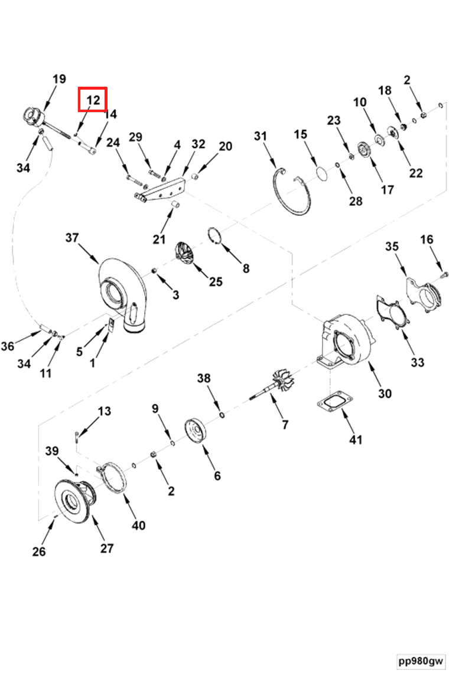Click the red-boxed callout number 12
93,100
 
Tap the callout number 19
59,80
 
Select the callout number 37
72,238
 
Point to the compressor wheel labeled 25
188,254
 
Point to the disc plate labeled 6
196,430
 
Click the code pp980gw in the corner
420,661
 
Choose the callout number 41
356,440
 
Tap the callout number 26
39,552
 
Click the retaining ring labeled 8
219,236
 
